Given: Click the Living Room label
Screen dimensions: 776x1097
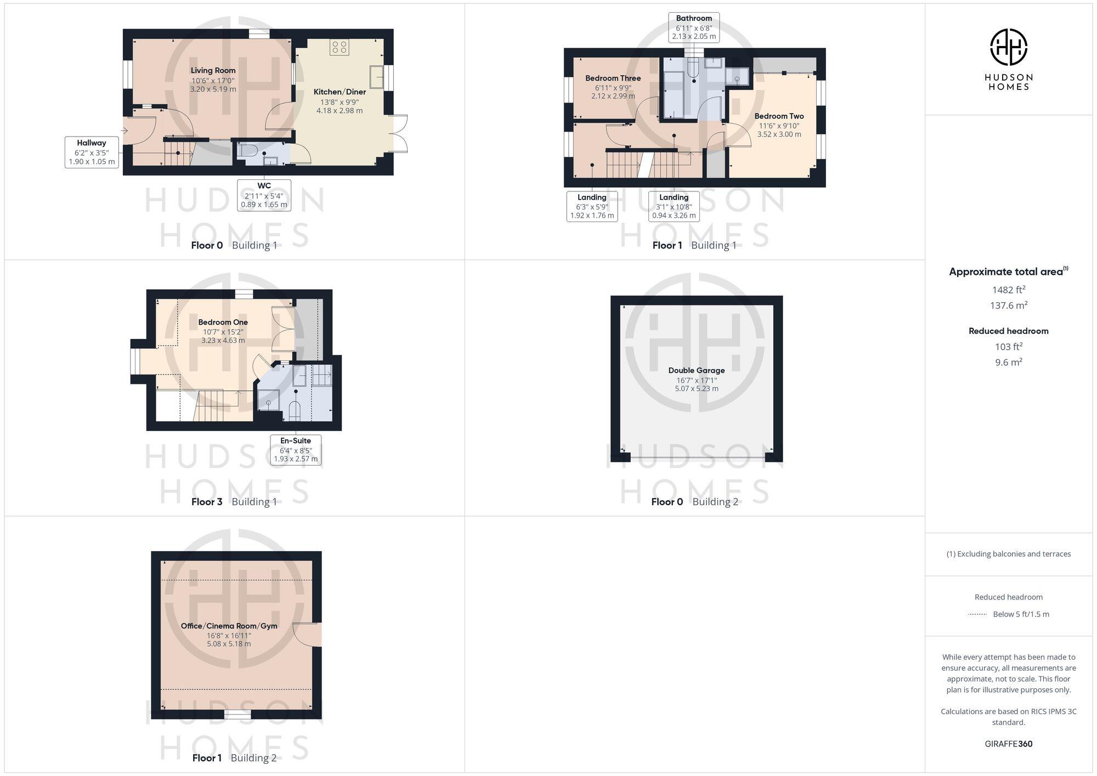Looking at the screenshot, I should pos(213,70).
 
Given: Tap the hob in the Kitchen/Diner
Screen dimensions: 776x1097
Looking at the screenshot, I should pos(339,47).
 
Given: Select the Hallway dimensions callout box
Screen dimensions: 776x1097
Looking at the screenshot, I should pos(92,152).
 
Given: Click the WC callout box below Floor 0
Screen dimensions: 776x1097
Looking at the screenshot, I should pos(264,195).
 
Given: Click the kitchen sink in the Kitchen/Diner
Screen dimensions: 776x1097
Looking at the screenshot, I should pos(377,77).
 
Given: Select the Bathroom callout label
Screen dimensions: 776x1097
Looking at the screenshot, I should pos(694,27).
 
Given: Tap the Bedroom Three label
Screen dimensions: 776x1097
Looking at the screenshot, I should pos(613,78).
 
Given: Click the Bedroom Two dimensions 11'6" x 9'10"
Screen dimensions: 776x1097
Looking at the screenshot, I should pos(779,126).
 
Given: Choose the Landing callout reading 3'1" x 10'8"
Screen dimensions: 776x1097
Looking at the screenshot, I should pos(674,206).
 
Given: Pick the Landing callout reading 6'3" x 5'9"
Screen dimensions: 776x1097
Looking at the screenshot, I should pos(592,206).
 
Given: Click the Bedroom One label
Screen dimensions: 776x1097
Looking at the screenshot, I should pos(223,322).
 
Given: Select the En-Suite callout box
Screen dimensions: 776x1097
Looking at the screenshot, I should pos(296,450).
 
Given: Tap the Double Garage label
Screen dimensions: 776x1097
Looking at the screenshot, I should pos(696,370).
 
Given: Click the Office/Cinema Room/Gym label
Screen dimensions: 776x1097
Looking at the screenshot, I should pos(229,626).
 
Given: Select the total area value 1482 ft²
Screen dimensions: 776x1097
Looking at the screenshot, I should pos(1008,290).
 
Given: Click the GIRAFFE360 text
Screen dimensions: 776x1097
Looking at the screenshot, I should pos(1008,744).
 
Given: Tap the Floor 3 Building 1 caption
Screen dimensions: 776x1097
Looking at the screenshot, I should pos(234,501).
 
